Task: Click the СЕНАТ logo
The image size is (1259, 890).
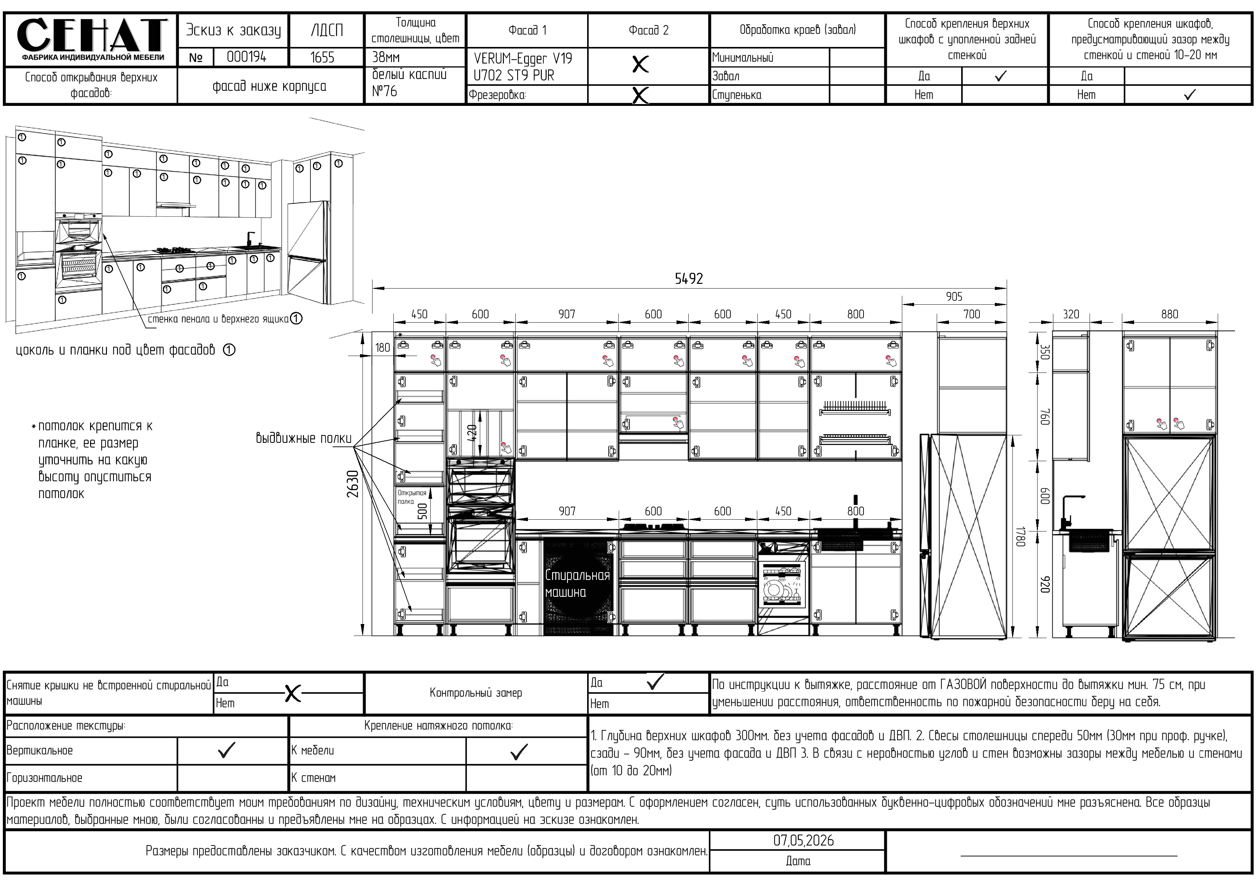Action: (91, 38)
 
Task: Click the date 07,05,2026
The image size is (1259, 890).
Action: (803, 840)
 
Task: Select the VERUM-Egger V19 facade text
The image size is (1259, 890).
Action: (523, 58)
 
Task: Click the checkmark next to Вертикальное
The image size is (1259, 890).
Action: (226, 750)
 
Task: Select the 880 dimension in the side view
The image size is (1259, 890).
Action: (1169, 314)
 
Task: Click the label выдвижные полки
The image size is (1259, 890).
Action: (303, 438)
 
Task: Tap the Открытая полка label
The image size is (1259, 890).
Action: (411, 497)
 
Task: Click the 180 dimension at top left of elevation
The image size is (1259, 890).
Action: (382, 348)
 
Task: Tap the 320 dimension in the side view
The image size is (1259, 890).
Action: (1070, 314)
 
